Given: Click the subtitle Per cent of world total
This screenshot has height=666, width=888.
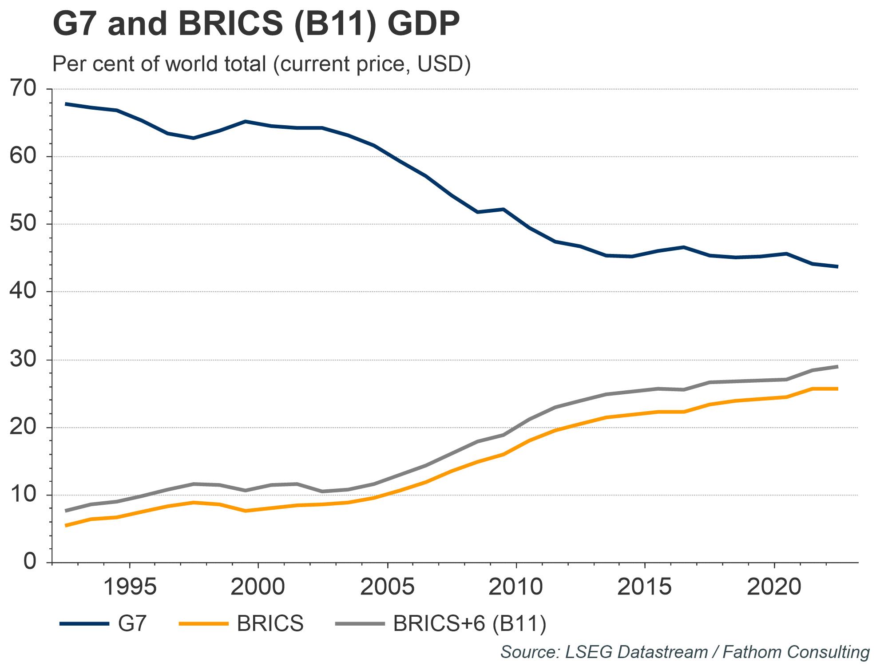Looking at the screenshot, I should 261,64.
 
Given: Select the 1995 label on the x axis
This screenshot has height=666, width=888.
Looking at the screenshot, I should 130,587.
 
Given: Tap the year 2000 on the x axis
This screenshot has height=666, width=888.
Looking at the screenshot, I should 258,587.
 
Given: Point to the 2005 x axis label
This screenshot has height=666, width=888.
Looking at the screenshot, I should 388,587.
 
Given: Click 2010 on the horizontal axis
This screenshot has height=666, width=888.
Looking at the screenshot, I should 516,587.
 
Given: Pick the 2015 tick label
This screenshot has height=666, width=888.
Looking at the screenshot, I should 645,587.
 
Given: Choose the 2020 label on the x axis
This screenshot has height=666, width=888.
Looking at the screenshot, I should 774,587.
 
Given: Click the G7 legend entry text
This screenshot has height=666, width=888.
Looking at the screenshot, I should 132,624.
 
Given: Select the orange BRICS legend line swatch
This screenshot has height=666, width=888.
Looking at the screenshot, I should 203,624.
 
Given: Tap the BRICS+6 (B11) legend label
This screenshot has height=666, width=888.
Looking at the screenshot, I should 470,624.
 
